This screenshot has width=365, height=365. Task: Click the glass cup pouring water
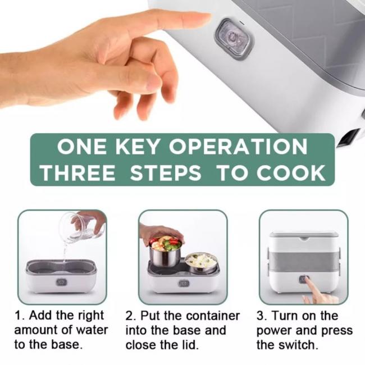pos(79,228)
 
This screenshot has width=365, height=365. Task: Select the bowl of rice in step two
pos(200,262)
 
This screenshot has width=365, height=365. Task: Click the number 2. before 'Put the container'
pos(130,316)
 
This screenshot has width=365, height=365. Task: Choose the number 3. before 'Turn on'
pos(261,316)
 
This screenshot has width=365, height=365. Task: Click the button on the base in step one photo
pos(61,282)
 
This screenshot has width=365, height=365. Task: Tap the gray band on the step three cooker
pos(303,261)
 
